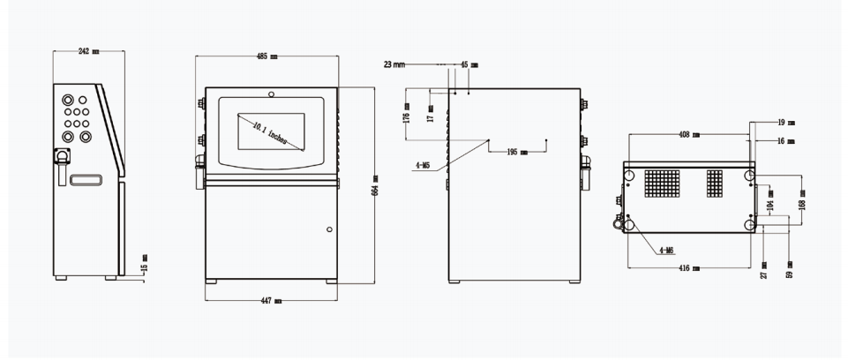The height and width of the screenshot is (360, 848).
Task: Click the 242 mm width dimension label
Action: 88,52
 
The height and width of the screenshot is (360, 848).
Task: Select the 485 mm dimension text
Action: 267,56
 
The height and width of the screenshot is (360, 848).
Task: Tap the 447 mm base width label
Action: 271,301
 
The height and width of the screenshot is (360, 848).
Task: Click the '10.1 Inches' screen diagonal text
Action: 274,134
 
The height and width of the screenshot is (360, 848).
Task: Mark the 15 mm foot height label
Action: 145,261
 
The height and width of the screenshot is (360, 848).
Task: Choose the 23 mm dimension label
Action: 394,64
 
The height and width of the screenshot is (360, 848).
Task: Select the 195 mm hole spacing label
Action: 518,152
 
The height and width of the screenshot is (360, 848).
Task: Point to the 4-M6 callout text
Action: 667,251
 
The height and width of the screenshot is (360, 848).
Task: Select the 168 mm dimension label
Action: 801,206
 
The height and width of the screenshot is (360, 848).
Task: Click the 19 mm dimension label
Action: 785,123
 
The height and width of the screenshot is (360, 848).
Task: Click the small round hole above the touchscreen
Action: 271,94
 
